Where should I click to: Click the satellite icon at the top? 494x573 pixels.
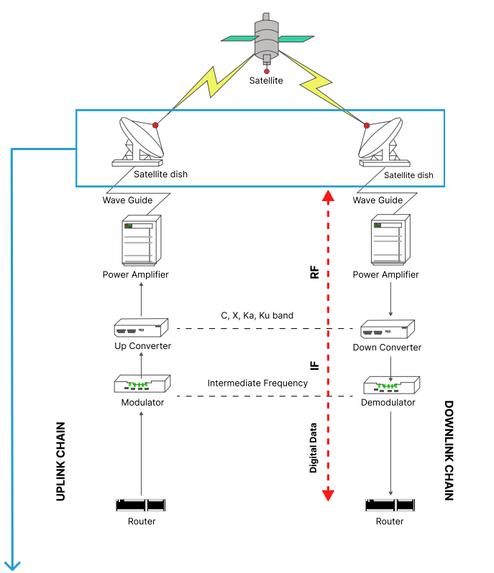pyautogui.click(x=267, y=37)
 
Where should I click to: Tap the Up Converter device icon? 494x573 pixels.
pyautogui.click(x=141, y=329)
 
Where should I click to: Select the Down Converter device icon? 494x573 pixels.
pyautogui.click(x=390, y=330)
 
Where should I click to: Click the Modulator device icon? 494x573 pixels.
pyautogui.click(x=142, y=384)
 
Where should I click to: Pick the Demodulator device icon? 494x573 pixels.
pyautogui.click(x=389, y=386)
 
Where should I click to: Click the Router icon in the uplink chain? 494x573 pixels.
pyautogui.click(x=141, y=505)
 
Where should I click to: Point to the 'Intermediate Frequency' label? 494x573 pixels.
pyautogui.click(x=257, y=383)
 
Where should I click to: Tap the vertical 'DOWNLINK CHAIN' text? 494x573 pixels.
pyautogui.click(x=449, y=450)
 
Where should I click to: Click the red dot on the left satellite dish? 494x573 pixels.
pyautogui.click(x=155, y=125)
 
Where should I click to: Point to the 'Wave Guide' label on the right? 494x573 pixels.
pyautogui.click(x=378, y=200)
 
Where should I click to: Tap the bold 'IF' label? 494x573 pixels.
pyautogui.click(x=314, y=365)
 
